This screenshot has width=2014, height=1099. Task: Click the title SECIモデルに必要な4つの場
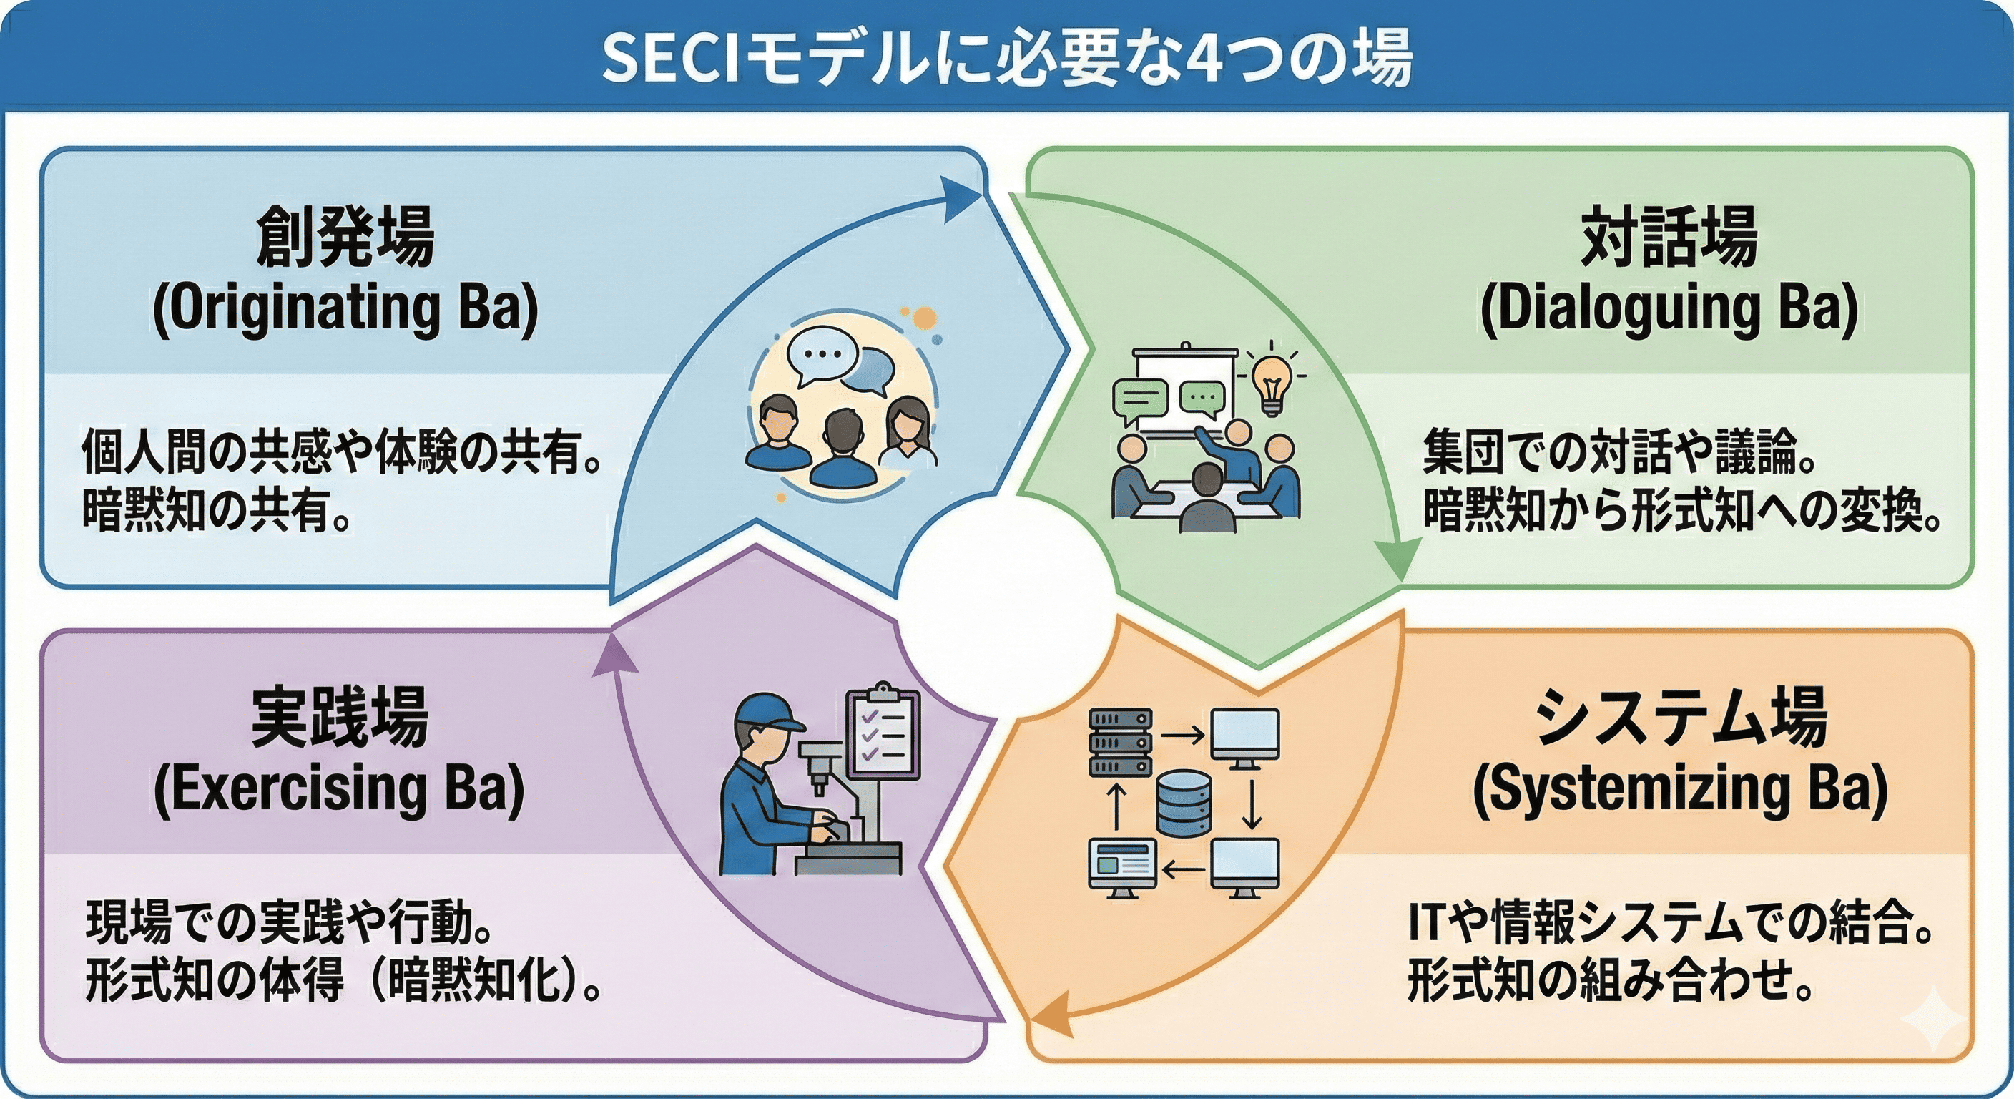point(1007,58)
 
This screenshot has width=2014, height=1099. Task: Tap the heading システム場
point(1681,717)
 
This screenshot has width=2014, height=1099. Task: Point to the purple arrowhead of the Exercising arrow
point(614,654)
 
